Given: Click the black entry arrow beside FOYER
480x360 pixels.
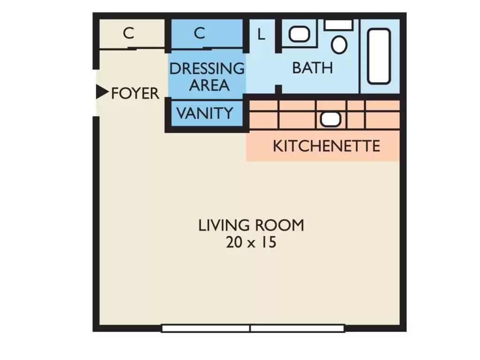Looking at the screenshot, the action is (102, 91).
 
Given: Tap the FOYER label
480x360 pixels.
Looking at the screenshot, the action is (135, 93).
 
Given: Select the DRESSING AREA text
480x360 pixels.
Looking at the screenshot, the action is (207, 77).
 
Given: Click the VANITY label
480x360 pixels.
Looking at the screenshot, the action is (205, 113).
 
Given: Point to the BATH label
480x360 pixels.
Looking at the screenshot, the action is (313, 68).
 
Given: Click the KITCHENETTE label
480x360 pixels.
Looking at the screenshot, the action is (327, 146).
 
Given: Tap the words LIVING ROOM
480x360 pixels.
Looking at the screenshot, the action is (251, 225).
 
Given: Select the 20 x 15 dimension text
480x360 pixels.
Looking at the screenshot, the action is (251, 242).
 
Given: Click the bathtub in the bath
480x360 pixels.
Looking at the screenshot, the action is (379, 56).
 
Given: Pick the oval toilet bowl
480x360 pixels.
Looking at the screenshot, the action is (339, 45).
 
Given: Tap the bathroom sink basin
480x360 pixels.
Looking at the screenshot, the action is (300, 34).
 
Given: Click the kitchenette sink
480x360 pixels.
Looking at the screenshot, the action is (330, 119).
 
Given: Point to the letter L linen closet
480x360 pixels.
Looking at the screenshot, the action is (261, 34).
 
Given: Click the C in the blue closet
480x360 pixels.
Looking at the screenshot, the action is (199, 33).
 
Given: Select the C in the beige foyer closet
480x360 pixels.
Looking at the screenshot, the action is (128, 33).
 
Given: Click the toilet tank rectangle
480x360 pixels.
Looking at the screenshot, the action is (338, 25).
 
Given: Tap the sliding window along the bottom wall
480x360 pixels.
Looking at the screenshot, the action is (253, 329).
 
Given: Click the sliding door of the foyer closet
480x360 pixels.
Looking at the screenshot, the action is (132, 48).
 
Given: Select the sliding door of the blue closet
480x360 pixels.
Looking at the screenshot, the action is (207, 48).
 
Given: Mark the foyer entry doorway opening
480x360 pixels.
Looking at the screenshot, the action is (96, 93).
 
